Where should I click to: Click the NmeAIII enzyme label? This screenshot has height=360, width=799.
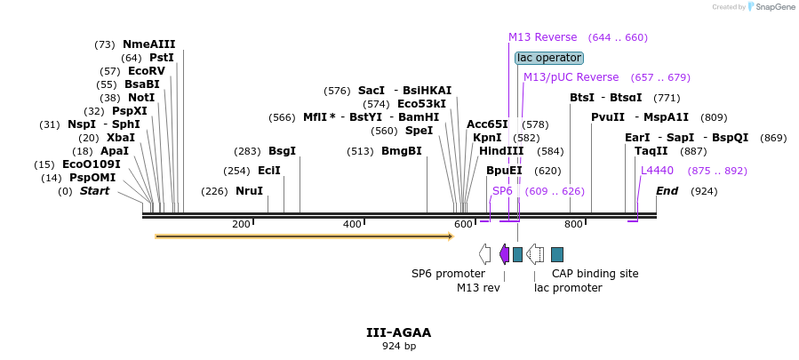[x=149, y=44]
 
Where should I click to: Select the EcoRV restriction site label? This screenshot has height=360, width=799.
[x=146, y=71]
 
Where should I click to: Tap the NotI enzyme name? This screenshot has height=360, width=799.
[x=140, y=98]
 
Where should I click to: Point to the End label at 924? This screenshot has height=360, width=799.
[x=667, y=191]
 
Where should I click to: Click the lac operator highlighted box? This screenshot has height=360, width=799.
[x=549, y=58]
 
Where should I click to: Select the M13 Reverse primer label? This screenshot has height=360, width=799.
[x=542, y=37]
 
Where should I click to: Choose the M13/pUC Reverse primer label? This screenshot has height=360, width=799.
[x=571, y=77]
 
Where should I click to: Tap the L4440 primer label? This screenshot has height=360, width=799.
[x=657, y=171]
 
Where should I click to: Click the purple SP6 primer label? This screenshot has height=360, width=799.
[x=502, y=191]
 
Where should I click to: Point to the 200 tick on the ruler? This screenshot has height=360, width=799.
[x=241, y=224]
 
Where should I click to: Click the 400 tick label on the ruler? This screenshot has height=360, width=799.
[x=352, y=224]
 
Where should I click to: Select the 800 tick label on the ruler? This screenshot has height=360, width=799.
[x=573, y=224]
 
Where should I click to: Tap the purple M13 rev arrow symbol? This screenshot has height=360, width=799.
[x=504, y=254]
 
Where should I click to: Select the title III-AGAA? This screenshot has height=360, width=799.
[x=398, y=332]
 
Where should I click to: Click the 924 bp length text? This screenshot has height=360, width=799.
[x=398, y=346]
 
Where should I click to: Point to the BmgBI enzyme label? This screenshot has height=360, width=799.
[x=401, y=151]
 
